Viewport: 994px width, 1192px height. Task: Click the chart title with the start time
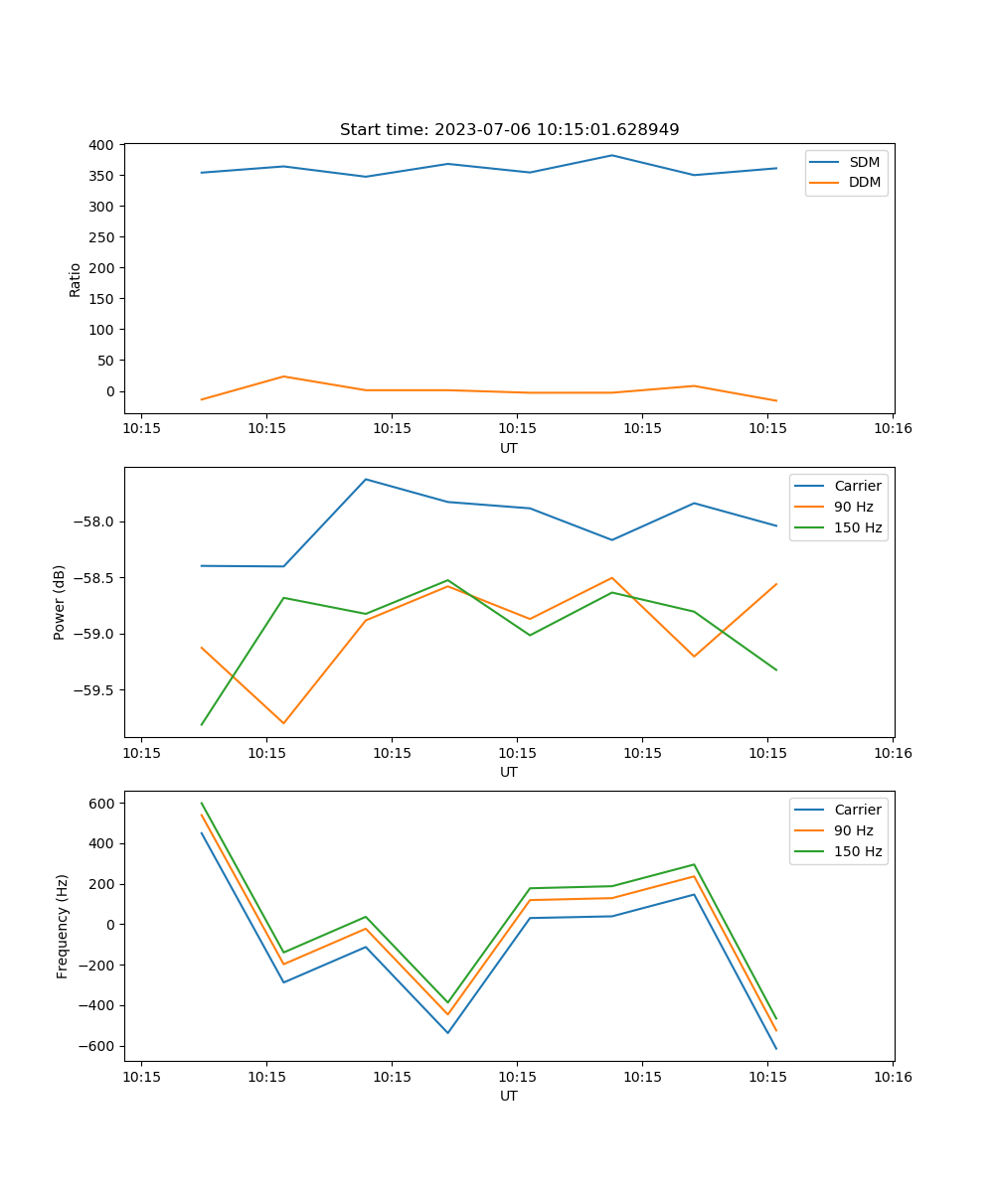coord(509,130)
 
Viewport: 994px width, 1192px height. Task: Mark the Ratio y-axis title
coord(76,279)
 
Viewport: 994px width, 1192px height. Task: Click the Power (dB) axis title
coord(60,602)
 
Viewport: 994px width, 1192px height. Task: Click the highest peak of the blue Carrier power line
coord(366,479)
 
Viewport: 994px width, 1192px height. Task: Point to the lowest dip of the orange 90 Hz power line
coord(283,723)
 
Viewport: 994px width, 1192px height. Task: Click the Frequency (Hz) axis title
coord(63,926)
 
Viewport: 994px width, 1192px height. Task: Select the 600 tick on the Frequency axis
coord(104,803)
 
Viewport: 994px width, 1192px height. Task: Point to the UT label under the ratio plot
coord(509,448)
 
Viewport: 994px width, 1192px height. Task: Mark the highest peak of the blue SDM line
coord(612,155)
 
